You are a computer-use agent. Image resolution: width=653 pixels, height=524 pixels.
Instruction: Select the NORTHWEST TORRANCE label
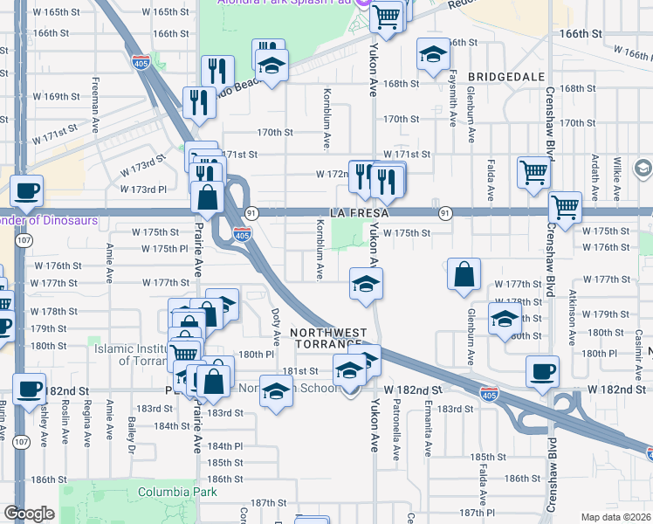pyautogui.click(x=328, y=339)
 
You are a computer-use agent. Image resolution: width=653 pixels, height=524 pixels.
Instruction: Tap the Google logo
pyautogui.click(x=29, y=514)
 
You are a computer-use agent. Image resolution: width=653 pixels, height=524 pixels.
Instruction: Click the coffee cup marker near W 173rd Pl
pyautogui.click(x=26, y=190)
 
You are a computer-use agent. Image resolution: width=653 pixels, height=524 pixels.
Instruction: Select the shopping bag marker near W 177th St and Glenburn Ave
pyautogui.click(x=464, y=273)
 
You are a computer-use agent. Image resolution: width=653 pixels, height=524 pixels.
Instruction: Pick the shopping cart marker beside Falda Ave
pyautogui.click(x=533, y=171)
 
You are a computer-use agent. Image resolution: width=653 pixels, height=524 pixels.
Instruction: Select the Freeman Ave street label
pyautogui.click(x=93, y=107)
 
